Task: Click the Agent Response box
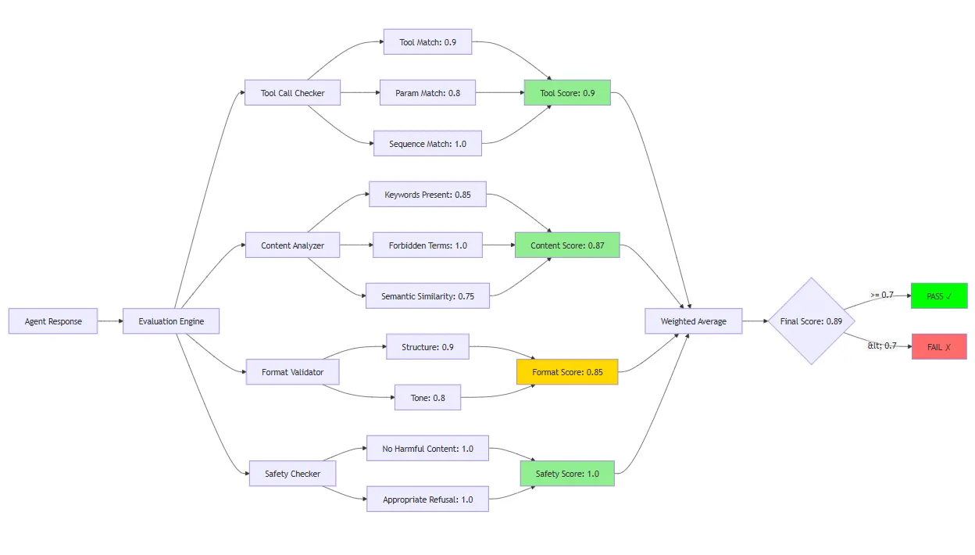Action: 53,321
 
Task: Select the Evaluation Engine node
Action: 171,321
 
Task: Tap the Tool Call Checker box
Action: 292,92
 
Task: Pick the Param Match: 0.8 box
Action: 427,92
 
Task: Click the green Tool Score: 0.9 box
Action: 567,92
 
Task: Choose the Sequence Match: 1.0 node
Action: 427,143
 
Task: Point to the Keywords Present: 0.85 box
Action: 427,195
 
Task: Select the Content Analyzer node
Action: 292,245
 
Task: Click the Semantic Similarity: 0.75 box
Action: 427,295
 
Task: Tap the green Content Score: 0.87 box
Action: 567,245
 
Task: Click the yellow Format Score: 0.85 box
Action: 567,372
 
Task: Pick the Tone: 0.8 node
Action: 427,397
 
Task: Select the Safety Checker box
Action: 292,474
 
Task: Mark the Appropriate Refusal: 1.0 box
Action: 427,499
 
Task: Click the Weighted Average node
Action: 694,321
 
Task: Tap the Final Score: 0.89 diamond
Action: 812,321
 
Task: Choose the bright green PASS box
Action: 939,295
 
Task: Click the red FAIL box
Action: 939,347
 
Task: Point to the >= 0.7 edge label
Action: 882,295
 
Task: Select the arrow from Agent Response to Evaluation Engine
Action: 111,321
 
